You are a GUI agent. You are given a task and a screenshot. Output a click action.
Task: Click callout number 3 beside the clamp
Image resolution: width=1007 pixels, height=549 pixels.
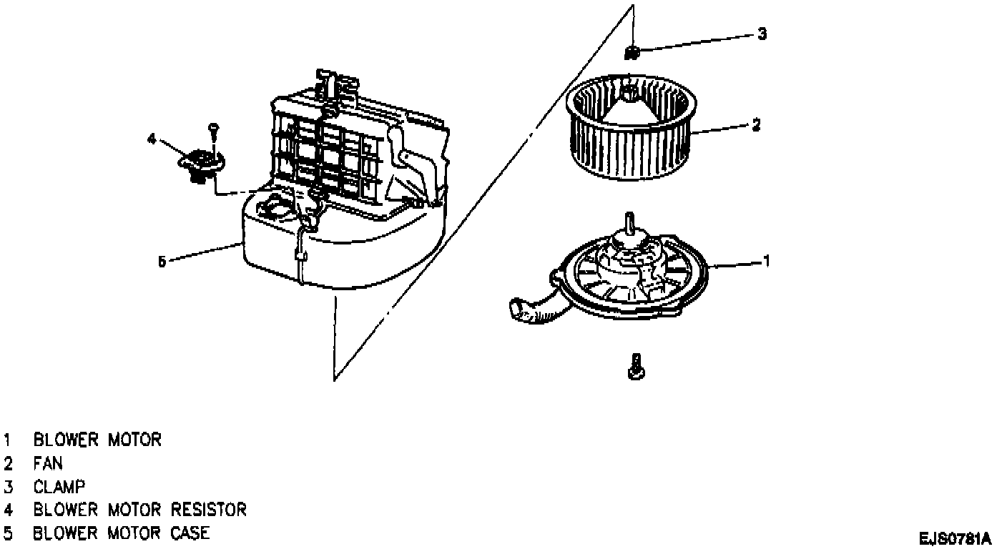[x=762, y=34]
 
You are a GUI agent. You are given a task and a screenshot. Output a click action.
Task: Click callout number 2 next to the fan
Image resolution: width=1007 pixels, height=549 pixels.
[x=755, y=124]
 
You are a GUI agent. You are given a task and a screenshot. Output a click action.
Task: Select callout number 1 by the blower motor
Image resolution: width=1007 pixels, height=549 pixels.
[x=767, y=261]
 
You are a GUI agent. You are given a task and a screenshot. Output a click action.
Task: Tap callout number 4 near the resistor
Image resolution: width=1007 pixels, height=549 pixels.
[x=152, y=139]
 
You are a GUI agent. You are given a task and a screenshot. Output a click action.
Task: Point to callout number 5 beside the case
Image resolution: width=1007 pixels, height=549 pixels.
[x=162, y=262]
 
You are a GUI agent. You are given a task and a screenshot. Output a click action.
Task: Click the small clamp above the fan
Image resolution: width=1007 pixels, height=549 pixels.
[x=632, y=51]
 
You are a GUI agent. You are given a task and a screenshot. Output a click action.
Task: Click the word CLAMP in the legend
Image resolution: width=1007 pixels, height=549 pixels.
[x=59, y=487]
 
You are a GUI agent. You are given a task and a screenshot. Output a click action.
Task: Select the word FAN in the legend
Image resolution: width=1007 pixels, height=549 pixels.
[x=48, y=463]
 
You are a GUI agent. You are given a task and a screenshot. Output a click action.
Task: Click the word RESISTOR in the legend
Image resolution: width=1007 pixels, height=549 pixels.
[x=208, y=510]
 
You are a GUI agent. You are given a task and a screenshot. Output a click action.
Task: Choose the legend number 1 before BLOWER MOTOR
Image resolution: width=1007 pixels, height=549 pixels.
[x=8, y=440]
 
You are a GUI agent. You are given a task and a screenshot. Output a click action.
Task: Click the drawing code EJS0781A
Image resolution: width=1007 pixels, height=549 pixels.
[x=956, y=537]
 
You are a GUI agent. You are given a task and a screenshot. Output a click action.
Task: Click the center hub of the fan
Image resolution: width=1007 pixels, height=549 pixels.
[x=629, y=93]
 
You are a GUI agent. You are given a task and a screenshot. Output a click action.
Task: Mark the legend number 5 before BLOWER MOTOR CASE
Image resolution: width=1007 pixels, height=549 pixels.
[x=8, y=533]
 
